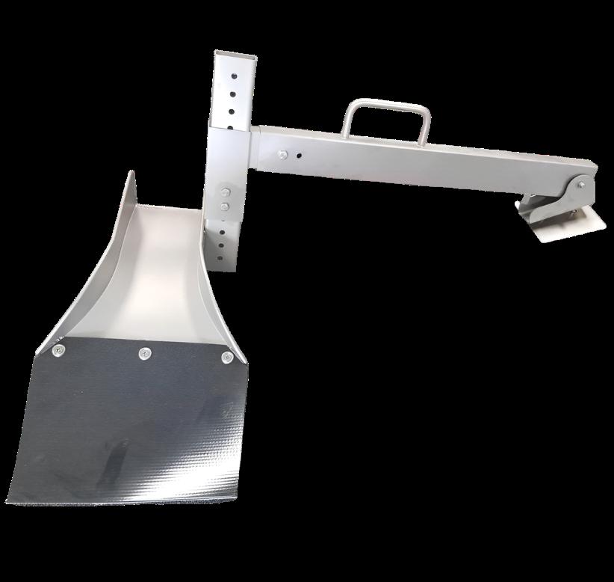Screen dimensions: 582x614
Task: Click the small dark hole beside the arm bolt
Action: coord(299,156)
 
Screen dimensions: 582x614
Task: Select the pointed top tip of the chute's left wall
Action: coord(132,173)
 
